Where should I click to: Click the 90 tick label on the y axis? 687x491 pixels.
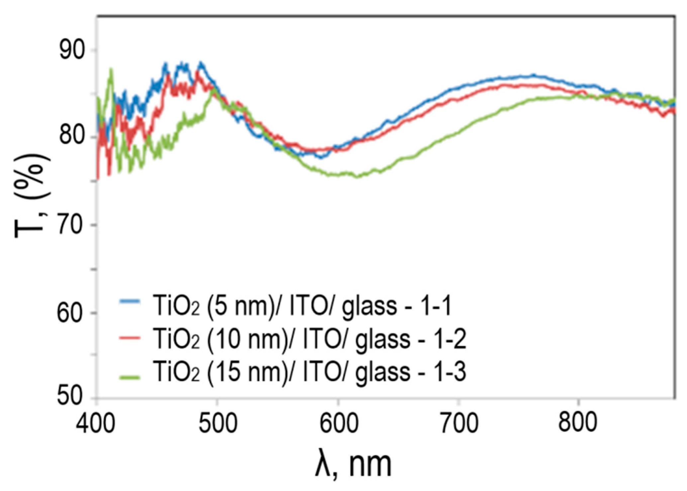[70, 50]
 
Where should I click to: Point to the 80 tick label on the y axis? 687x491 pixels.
[70, 137]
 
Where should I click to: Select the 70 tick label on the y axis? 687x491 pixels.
[70, 225]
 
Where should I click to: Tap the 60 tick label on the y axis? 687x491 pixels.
[70, 312]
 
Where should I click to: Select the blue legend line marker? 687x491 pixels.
[130, 302]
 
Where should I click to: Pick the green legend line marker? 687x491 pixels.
[130, 377]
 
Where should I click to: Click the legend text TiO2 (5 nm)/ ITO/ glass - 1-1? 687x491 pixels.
[302, 305]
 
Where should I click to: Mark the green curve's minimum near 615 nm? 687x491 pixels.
[357, 177]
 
